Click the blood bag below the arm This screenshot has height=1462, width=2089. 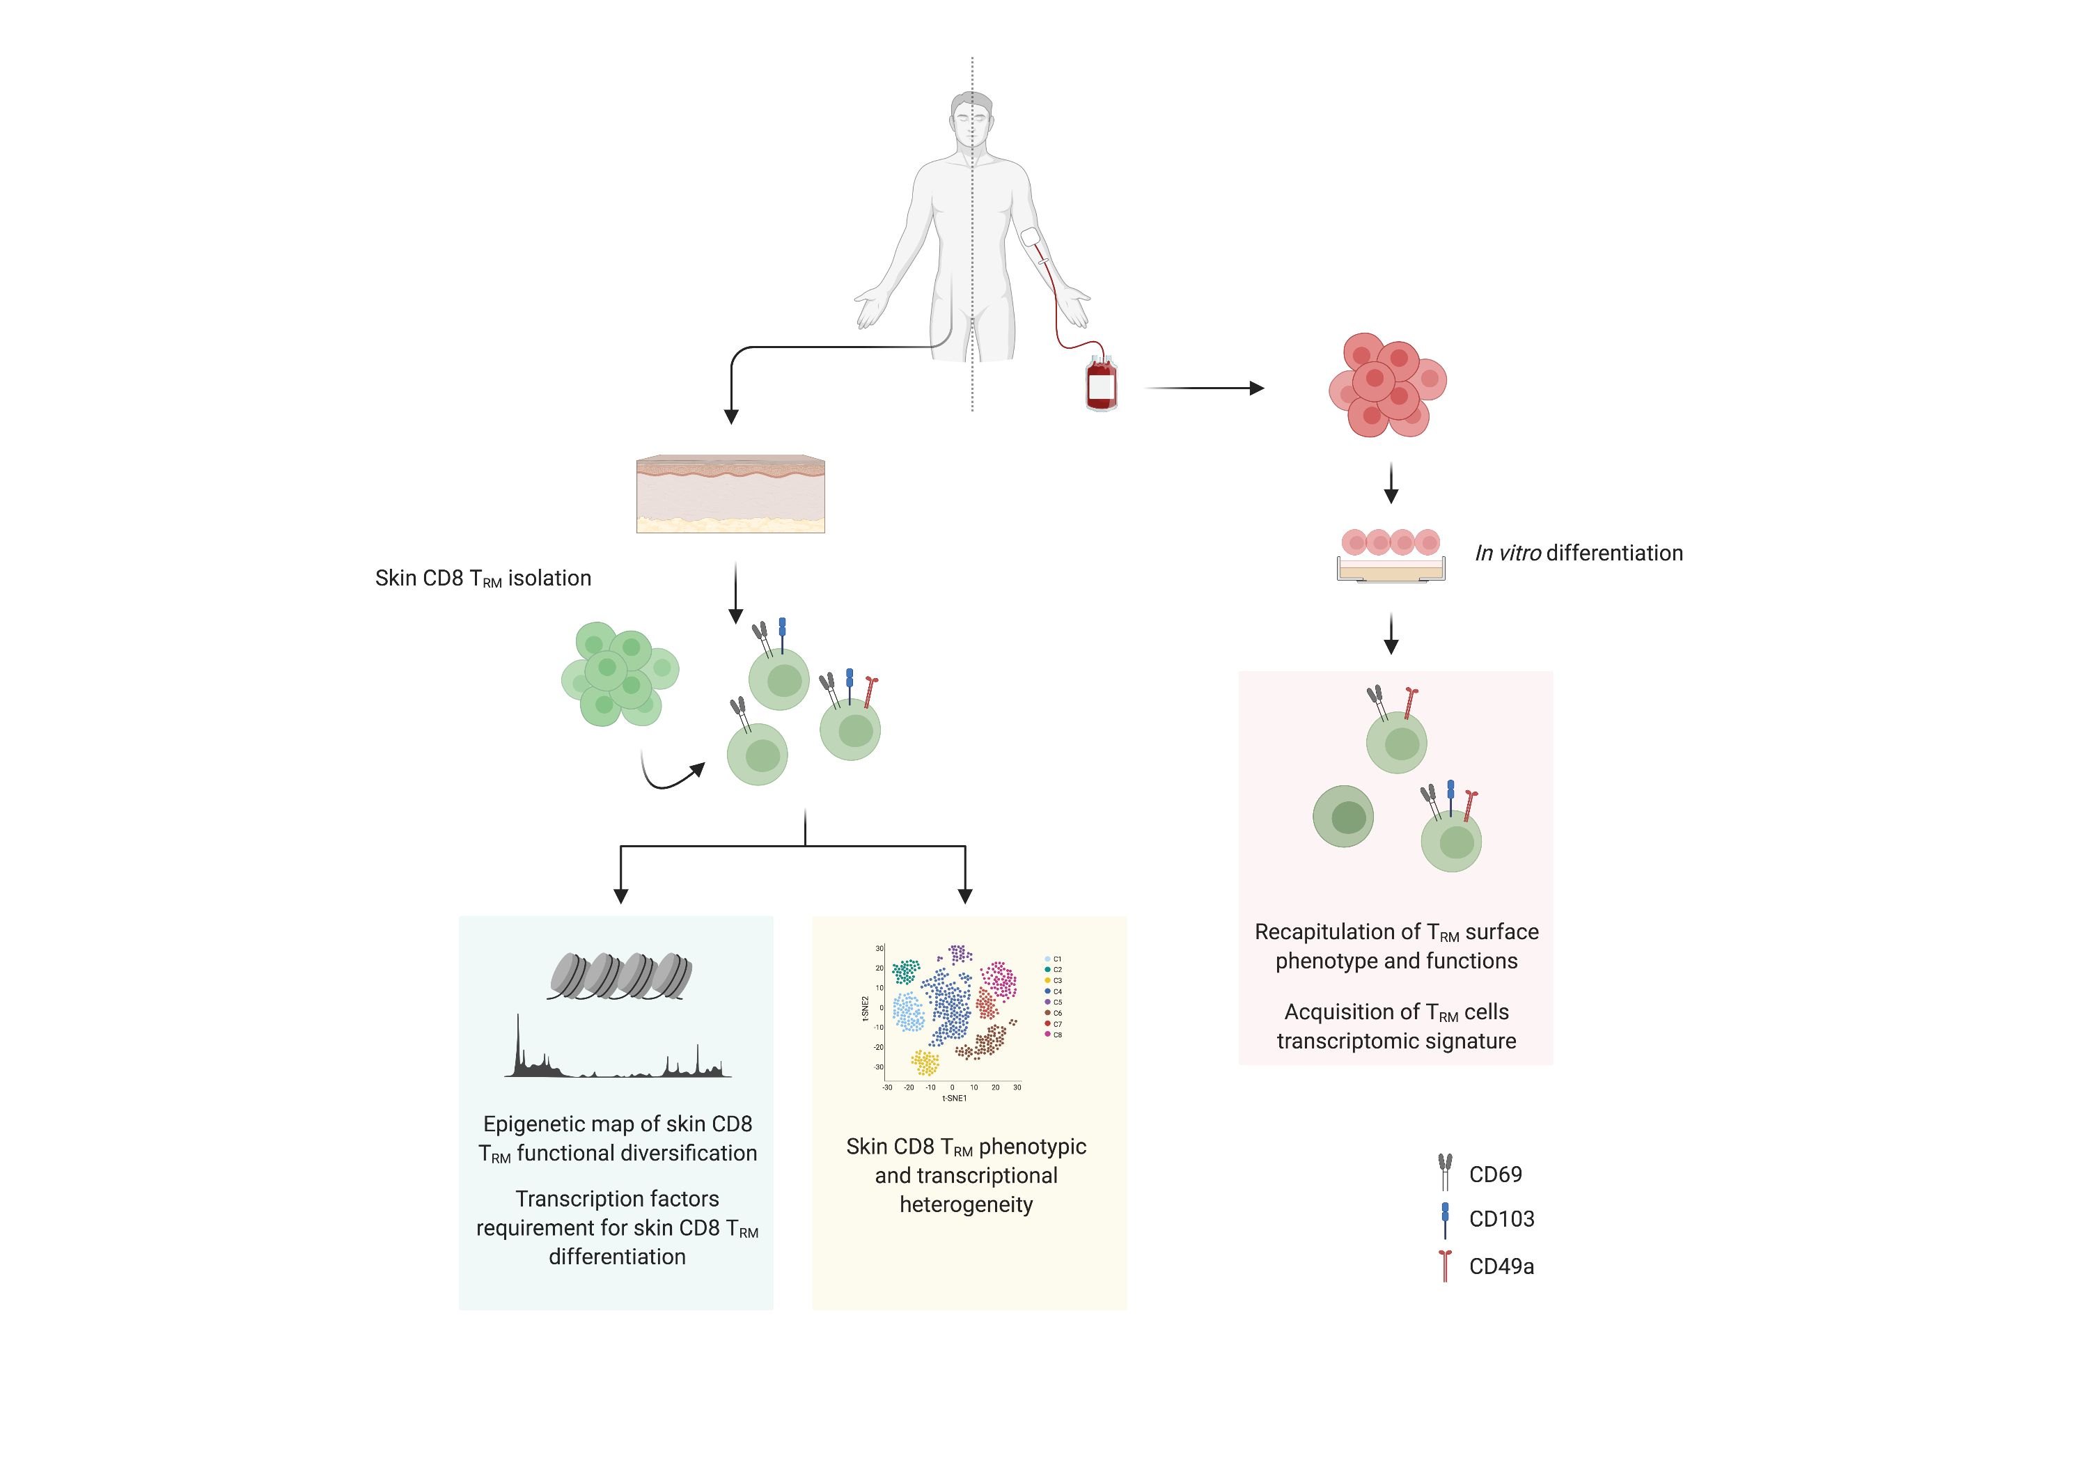pos(1101,385)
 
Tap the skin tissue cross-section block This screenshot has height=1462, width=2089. pos(730,494)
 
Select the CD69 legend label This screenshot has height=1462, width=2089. pos(1495,1174)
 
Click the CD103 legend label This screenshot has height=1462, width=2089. pos(1501,1219)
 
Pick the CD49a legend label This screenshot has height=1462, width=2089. pos(1501,1266)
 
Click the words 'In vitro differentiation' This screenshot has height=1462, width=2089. pos(1579,553)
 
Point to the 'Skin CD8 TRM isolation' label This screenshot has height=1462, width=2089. pos(483,579)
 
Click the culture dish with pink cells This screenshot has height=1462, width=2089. pos(1391,555)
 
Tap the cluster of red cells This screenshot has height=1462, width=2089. pos(1386,385)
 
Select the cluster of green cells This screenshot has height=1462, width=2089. pos(620,674)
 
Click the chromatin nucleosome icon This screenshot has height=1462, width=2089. pos(620,976)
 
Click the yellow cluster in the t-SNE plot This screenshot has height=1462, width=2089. pos(925,1062)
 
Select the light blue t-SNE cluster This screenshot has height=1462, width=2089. pos(908,1012)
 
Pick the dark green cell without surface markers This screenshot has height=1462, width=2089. pos(1343,816)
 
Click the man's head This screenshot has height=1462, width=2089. pos(971,116)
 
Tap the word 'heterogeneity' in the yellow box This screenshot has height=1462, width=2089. pos(967,1204)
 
